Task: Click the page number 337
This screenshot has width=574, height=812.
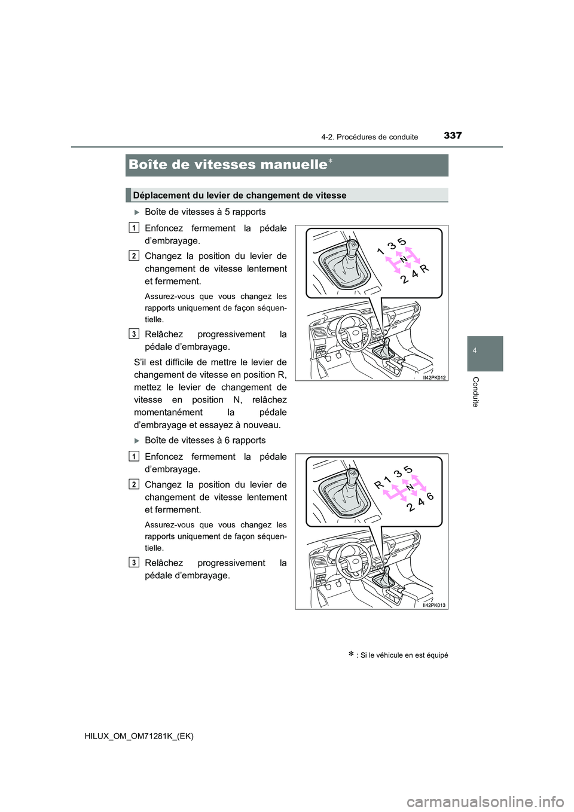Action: coord(452,136)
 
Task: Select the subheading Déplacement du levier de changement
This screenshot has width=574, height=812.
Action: coord(240,196)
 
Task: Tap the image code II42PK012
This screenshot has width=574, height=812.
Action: coord(434,377)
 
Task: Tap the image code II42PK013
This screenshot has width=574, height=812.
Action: coord(434,605)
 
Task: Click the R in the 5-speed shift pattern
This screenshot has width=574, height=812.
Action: coord(425,269)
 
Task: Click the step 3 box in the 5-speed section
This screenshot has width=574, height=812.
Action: coord(134,334)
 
